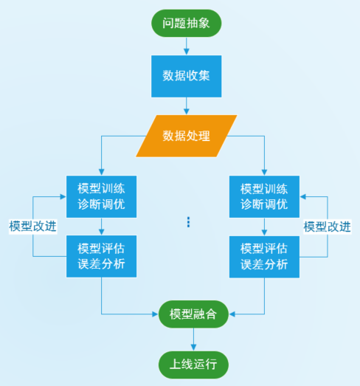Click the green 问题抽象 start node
[187, 23]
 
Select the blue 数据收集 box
[187, 76]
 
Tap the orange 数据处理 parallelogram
[187, 136]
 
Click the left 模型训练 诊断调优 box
[101, 196]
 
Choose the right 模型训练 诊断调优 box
[264, 196]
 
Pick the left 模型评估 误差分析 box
[101, 256]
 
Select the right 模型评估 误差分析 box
[264, 257]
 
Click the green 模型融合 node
[193, 314]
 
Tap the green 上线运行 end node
[193, 365]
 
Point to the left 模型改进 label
[33, 227]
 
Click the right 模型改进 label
[327, 227]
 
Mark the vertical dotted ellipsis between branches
[189, 222]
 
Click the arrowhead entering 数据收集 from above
[187, 52]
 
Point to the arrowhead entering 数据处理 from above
[187, 111]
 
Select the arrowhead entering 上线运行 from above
[194, 348]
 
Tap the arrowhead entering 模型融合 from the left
[155, 314]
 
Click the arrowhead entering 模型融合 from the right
[232, 314]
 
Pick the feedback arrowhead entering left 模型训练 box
[63, 196]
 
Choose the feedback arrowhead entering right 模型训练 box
[303, 196]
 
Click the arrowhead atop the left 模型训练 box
[101, 172]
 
